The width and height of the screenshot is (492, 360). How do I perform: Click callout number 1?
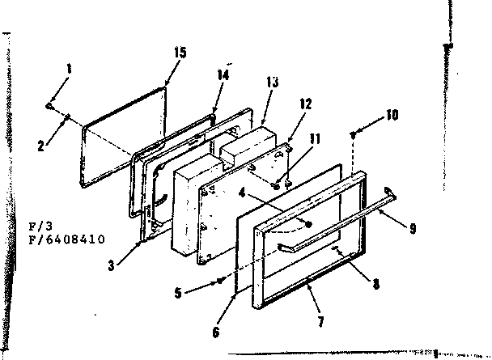[x=70, y=69]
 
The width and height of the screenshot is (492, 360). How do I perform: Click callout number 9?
[x=414, y=229]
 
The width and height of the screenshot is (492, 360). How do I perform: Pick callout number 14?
[x=223, y=74]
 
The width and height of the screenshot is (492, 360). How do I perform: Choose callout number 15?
[x=179, y=53]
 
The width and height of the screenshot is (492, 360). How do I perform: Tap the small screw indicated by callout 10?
[x=354, y=133]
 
